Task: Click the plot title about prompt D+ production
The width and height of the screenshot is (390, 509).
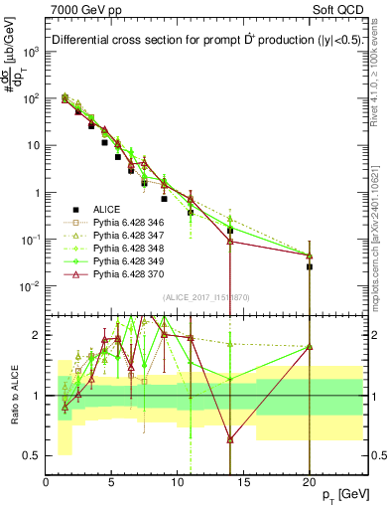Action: click(199, 40)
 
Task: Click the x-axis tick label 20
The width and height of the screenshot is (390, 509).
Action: click(310, 482)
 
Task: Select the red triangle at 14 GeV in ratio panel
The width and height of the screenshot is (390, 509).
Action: click(230, 438)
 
